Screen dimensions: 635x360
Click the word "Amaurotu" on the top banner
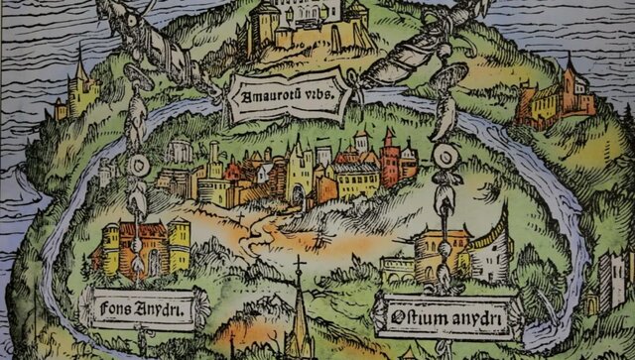[x=261, y=97]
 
